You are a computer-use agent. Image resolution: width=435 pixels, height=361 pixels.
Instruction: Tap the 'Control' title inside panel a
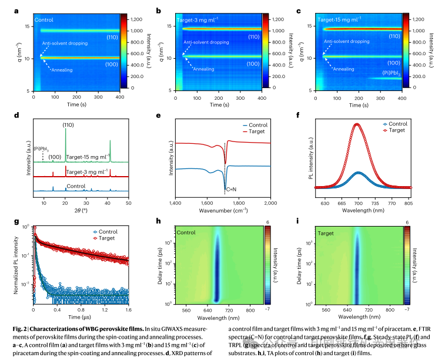point(43,19)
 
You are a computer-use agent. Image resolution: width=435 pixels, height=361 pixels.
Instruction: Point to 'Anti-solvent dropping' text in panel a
point(65,43)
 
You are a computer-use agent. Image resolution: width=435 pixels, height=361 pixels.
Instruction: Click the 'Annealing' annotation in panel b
point(203,69)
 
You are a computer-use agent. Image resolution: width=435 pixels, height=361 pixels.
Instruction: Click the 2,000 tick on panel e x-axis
point(270,201)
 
